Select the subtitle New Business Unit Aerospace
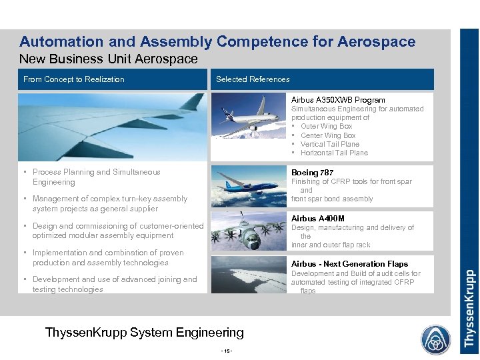point(109,59)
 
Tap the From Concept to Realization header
point(74,79)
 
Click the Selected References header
point(253,79)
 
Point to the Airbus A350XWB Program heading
point(338,100)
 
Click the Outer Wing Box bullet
point(326,126)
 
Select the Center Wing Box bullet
point(328,135)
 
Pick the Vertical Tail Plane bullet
point(329,144)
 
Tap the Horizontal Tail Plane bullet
point(333,153)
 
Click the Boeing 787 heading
point(312,173)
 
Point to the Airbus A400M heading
point(318,219)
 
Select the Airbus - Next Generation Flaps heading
point(349,264)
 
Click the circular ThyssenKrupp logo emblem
point(435,339)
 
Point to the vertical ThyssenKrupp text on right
point(469,307)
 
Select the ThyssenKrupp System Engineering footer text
point(144,332)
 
